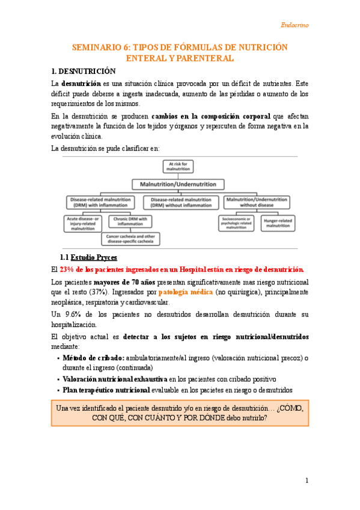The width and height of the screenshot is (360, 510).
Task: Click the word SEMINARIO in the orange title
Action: coord(100,47)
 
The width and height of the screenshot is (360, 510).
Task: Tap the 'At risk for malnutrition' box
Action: coord(178,167)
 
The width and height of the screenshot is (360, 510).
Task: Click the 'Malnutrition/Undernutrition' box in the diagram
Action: coord(178,184)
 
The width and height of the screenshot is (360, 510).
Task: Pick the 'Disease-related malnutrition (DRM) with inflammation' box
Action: coord(103,202)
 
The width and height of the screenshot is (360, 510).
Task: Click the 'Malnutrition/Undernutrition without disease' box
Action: coord(257,202)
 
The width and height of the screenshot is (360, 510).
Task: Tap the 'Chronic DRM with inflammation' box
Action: coord(130,223)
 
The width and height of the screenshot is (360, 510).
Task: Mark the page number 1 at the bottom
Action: coord(307,480)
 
